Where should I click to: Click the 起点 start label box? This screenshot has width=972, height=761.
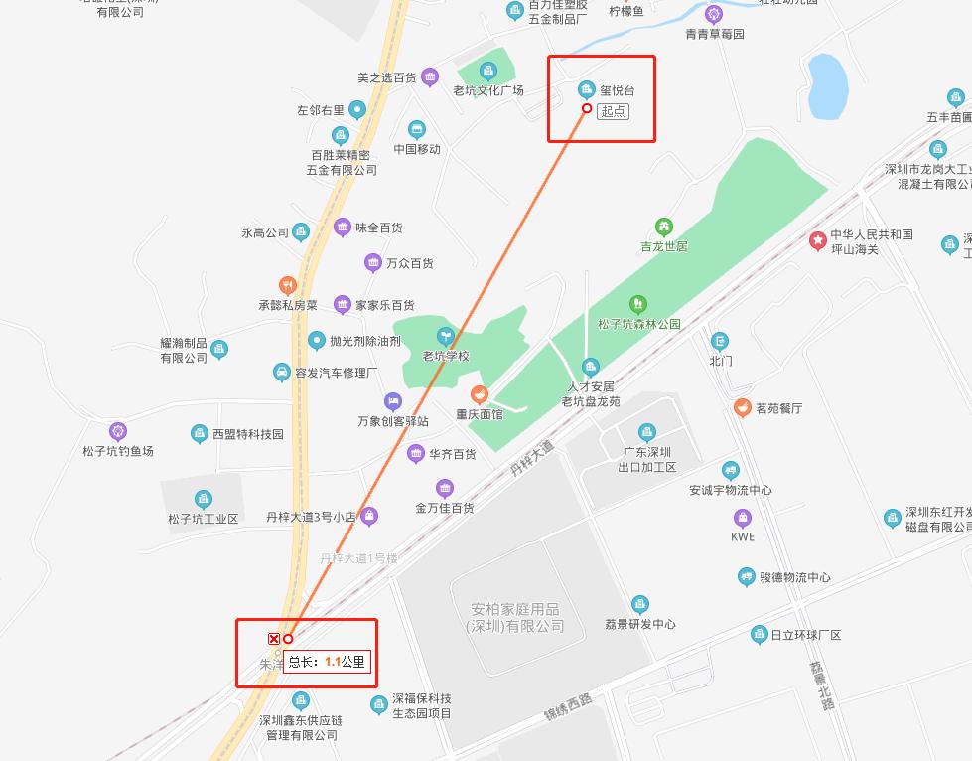point(614,110)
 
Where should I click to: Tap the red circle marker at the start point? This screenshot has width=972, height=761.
point(587,108)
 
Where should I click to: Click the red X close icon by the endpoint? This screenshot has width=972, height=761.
point(274,639)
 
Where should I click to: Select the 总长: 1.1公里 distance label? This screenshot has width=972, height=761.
point(328,661)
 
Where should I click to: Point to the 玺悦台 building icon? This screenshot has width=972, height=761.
point(586,89)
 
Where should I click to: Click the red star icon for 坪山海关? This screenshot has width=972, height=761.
point(817,240)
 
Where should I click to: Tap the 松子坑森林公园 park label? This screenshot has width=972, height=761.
point(638,324)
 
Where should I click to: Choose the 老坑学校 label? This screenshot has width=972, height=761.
point(446,356)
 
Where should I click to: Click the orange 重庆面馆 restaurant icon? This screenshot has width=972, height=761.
point(480,394)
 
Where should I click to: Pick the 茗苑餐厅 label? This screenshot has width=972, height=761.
point(778,407)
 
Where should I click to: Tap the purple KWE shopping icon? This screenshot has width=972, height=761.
point(743,518)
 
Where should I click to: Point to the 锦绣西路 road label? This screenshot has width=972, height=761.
point(567,706)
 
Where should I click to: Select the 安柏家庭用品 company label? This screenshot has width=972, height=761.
point(514,617)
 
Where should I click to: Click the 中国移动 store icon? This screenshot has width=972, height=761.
point(417,130)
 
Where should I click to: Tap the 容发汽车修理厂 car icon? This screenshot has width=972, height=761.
point(282,373)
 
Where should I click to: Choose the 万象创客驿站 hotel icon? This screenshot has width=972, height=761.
point(393,401)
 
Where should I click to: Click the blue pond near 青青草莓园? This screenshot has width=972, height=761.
point(827,84)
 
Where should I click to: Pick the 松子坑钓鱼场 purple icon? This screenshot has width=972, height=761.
point(118,431)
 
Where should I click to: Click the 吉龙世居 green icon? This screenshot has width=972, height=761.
point(663,227)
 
